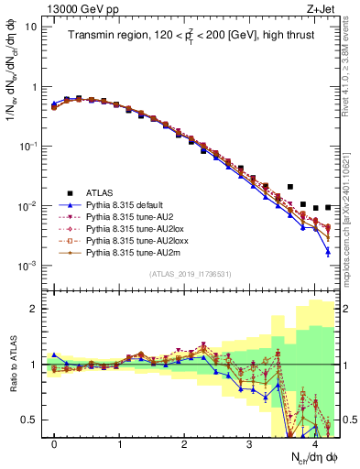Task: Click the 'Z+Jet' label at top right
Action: [x=322, y=8]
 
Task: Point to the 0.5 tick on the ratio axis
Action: [x=29, y=420]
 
